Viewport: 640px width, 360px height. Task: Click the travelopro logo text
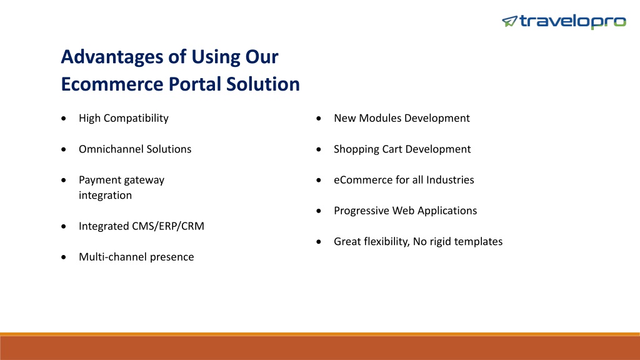pyautogui.click(x=572, y=21)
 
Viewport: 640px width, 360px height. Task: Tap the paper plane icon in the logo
pyautogui.click(x=509, y=21)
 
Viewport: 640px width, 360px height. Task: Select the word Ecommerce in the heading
pyautogui.click(x=112, y=84)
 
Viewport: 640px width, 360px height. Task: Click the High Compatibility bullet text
pyautogui.click(x=124, y=118)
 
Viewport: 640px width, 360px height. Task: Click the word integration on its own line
pyautogui.click(x=105, y=196)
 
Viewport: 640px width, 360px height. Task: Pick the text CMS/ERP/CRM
pyautogui.click(x=168, y=226)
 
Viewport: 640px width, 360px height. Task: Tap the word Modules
pyautogui.click(x=377, y=118)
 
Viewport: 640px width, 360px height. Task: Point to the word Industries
pyautogui.click(x=450, y=180)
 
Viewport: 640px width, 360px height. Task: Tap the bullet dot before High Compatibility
pyautogui.click(x=64, y=118)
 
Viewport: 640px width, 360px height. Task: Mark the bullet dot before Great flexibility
pyautogui.click(x=319, y=242)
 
